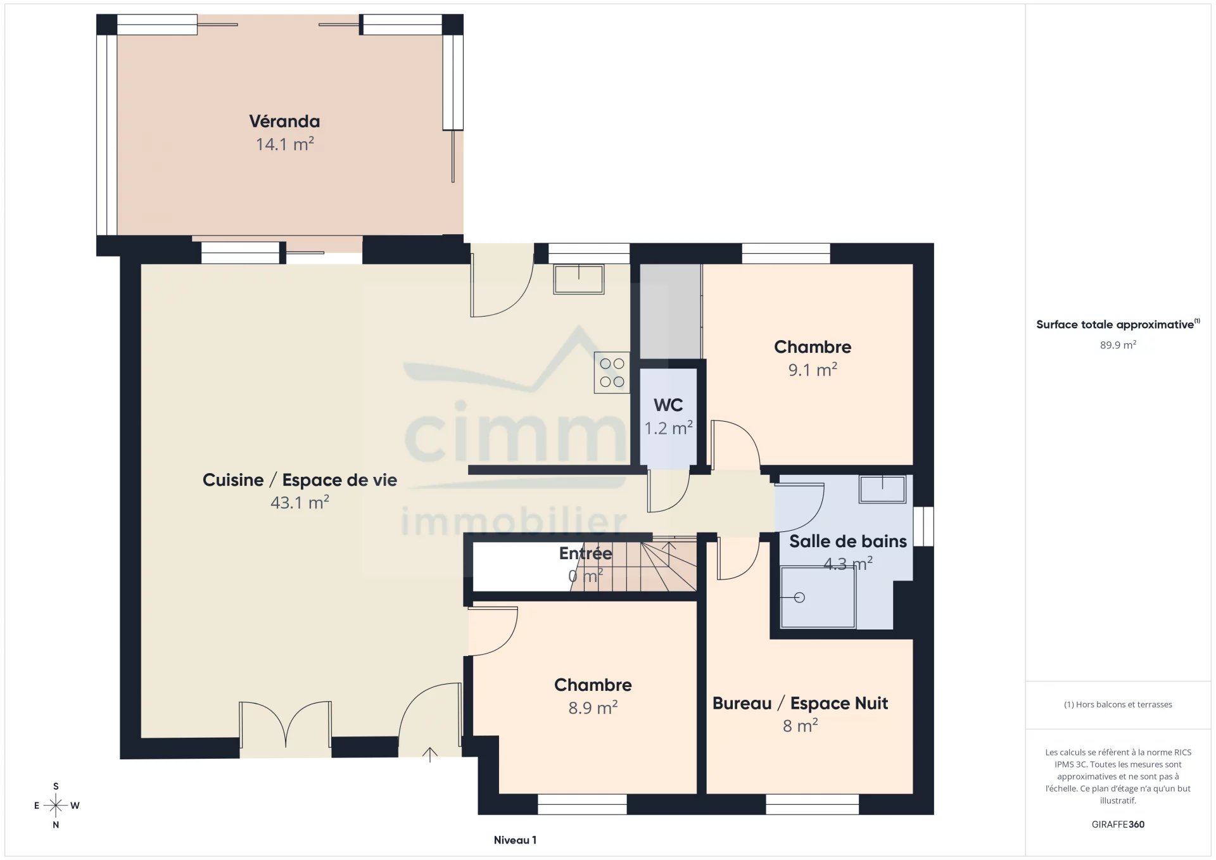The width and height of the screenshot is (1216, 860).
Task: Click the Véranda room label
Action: coord(284,121)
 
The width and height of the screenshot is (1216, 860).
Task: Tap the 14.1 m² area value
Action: coord(284,144)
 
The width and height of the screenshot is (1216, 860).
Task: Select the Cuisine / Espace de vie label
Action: coord(300,480)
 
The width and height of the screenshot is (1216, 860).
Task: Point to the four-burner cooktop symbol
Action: coord(612,372)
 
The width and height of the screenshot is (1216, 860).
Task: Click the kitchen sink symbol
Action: coord(579,279)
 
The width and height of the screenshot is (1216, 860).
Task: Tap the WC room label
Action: coord(668,405)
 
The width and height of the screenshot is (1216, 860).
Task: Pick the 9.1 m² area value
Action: coord(813,370)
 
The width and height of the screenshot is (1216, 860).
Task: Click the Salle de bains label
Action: coord(848,541)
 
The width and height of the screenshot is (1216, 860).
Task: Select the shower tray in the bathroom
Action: coord(818,597)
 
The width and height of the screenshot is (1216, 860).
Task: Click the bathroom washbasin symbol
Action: coord(882,489)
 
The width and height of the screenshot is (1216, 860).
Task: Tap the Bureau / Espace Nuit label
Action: coord(800,704)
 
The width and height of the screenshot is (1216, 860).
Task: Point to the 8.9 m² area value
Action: coord(593,708)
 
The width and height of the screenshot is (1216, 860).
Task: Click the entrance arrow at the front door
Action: coord(430,754)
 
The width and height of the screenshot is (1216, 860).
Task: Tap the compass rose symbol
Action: coord(56,806)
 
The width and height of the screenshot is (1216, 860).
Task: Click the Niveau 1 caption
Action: coord(515,840)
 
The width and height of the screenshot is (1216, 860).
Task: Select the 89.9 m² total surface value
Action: coord(1118,345)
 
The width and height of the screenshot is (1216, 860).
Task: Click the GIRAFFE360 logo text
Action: coord(1118,825)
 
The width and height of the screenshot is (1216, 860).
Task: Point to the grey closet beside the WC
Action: coord(670,312)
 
